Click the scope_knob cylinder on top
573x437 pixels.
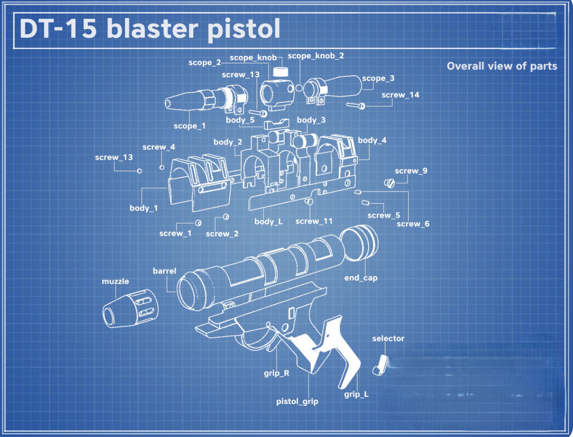click(280, 72)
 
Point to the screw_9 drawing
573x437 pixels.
click(389, 183)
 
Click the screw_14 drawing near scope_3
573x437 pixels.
click(356, 105)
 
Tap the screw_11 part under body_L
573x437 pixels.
click(311, 202)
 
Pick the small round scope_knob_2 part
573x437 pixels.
click(299, 88)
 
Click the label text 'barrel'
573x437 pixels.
click(165, 271)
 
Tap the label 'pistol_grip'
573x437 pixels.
click(297, 401)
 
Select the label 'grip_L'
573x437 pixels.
click(356, 394)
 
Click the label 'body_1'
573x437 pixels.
click(143, 208)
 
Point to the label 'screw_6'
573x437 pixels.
click(413, 224)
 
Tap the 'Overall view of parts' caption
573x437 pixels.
click(502, 66)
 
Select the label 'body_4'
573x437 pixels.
click(372, 140)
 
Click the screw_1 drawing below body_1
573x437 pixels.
click(198, 223)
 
